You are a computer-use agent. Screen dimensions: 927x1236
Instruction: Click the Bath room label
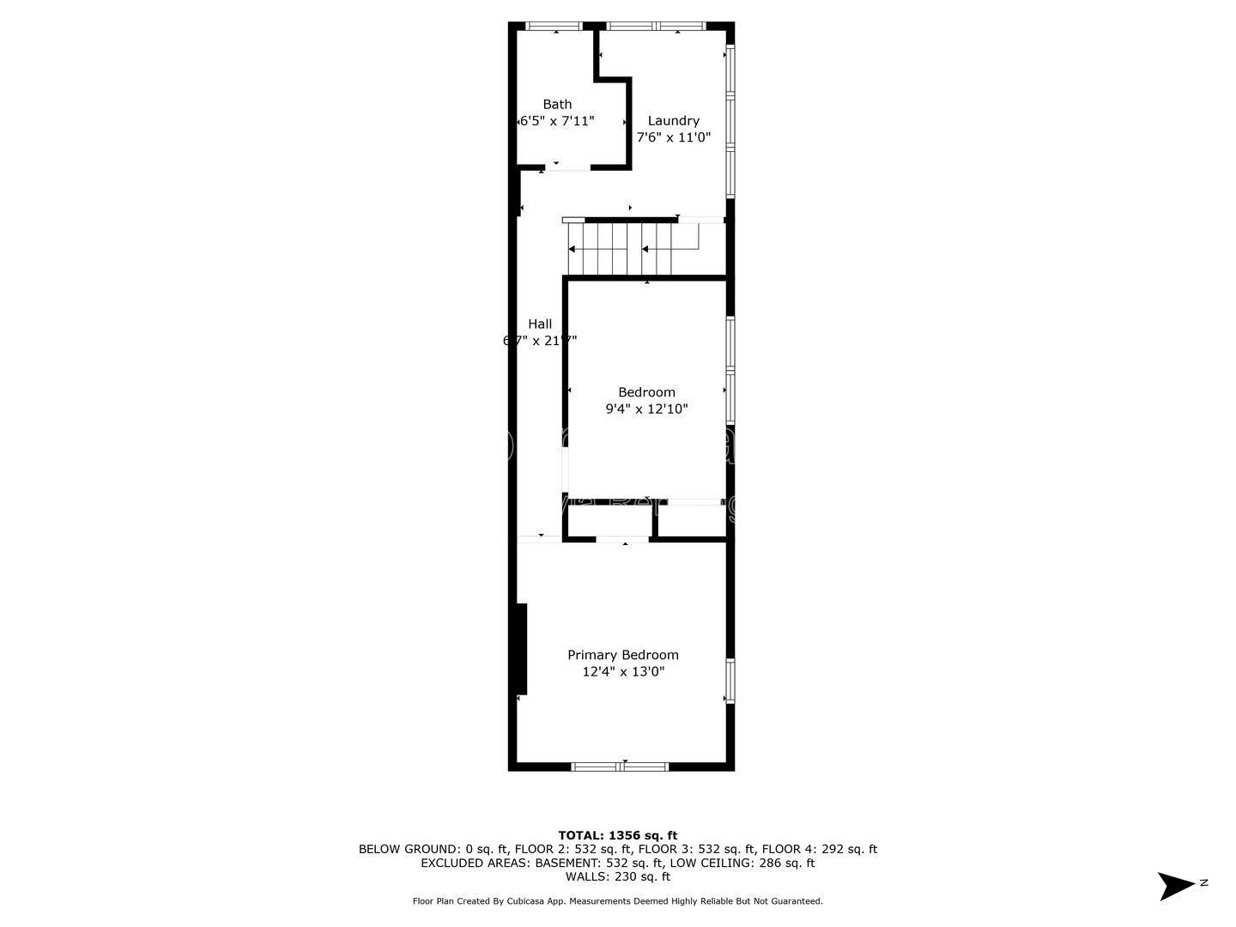pyautogui.click(x=557, y=105)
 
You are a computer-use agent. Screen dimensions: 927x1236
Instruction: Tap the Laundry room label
pyautogui.click(x=673, y=121)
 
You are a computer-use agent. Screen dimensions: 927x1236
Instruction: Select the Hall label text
pyautogui.click(x=540, y=324)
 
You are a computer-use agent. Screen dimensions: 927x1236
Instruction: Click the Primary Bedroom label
pyautogui.click(x=622, y=655)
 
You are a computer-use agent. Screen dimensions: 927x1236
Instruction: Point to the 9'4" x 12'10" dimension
pyautogui.click(x=646, y=409)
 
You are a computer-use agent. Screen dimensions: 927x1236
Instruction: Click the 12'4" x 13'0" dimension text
pyautogui.click(x=622, y=672)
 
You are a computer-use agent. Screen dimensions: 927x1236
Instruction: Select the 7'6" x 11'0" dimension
pyautogui.click(x=673, y=138)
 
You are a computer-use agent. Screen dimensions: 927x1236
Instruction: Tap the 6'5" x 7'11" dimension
pyautogui.click(x=557, y=122)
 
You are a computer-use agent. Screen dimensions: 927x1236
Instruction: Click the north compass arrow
pyautogui.click(x=1177, y=885)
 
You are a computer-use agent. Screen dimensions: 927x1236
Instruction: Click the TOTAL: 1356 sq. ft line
pyautogui.click(x=617, y=835)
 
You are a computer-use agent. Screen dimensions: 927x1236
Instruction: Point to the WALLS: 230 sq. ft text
pyautogui.click(x=617, y=877)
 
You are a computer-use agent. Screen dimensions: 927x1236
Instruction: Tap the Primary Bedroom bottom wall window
pyautogui.click(x=620, y=766)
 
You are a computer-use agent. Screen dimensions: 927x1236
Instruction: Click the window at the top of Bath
pyautogui.click(x=554, y=27)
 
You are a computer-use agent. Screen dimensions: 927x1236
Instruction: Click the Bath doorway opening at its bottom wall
pyautogui.click(x=566, y=167)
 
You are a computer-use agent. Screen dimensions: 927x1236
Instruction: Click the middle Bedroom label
pyautogui.click(x=646, y=392)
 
